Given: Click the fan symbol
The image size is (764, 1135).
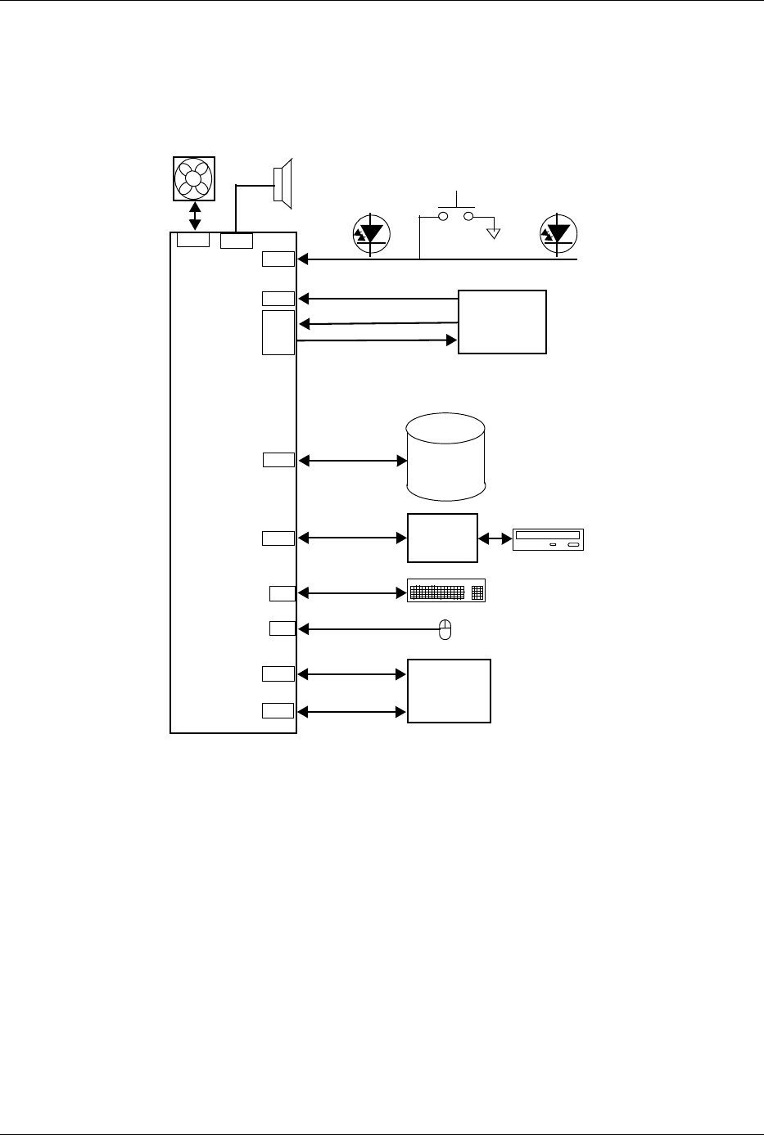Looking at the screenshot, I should point(194,178).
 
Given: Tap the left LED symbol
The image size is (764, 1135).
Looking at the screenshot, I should point(372,233).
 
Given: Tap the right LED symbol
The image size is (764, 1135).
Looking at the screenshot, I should point(559,233).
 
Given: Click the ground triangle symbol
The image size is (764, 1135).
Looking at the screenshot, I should point(494,233).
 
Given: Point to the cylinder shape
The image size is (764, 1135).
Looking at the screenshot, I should point(446,457).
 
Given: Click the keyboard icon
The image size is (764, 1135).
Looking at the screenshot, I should point(446,592).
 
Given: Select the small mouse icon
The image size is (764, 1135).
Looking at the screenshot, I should point(445,629).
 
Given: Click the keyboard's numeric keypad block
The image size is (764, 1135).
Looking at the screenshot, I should point(478,592).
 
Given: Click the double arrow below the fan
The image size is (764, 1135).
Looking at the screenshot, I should point(195,216).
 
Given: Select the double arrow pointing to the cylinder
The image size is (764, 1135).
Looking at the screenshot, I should point(353,462).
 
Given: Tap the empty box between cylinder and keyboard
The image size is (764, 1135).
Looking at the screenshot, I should point(442,538).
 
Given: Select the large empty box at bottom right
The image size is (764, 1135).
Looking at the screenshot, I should point(449,691).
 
